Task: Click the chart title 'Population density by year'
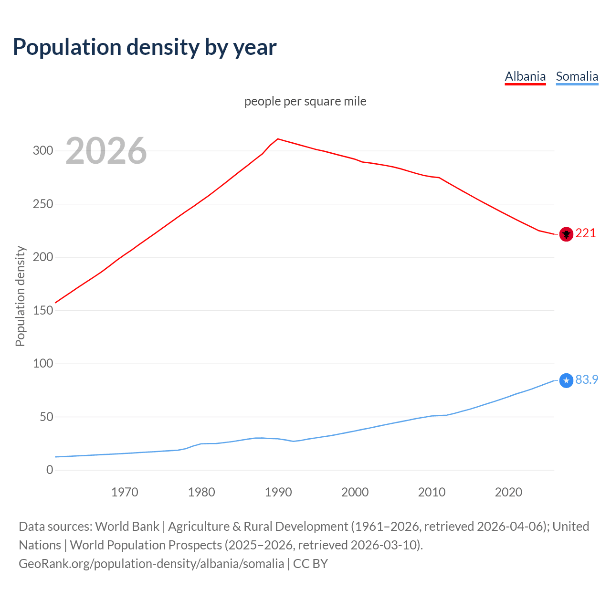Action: (x=145, y=47)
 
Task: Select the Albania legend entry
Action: (x=525, y=76)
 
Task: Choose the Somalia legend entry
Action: (x=577, y=76)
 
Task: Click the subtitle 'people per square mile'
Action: (x=305, y=101)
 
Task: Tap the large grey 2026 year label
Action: (x=106, y=151)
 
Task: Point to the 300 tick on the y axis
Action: (x=43, y=151)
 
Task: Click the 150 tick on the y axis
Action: (x=43, y=310)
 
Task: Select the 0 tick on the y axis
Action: (x=50, y=470)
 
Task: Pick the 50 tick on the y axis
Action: (x=46, y=417)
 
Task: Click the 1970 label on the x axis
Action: (x=125, y=492)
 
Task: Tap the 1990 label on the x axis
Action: (x=278, y=492)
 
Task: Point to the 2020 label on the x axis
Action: (x=508, y=492)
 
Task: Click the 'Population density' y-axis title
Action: (x=20, y=296)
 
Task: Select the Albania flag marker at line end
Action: (x=566, y=234)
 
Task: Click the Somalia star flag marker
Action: (x=566, y=380)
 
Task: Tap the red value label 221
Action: (x=586, y=233)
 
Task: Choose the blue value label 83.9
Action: (x=587, y=379)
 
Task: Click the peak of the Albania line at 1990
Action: (x=278, y=139)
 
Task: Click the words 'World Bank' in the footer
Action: (x=127, y=527)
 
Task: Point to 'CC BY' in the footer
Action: (x=310, y=564)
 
